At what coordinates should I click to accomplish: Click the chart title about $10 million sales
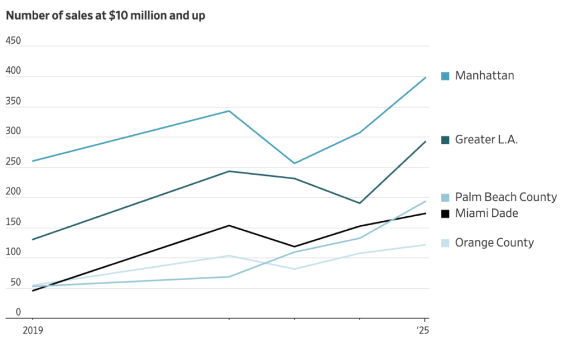pyautogui.click(x=106, y=16)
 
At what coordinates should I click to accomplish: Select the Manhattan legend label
pyautogui.click(x=485, y=75)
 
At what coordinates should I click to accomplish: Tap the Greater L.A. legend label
pyautogui.click(x=486, y=139)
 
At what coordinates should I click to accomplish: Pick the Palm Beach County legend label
pyautogui.click(x=506, y=197)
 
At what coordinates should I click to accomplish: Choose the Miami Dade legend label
pyautogui.click(x=486, y=213)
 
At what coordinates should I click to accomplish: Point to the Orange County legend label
pyautogui.click(x=494, y=243)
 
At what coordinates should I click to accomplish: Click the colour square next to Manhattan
pyautogui.click(x=445, y=76)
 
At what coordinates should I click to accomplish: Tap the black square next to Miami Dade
pyautogui.click(x=445, y=213)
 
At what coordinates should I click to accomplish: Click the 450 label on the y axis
pyautogui.click(x=13, y=41)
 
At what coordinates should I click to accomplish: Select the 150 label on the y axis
pyautogui.click(x=13, y=222)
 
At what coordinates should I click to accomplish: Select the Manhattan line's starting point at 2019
pyautogui.click(x=33, y=161)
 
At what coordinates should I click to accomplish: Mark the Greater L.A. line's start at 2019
pyautogui.click(x=33, y=240)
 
